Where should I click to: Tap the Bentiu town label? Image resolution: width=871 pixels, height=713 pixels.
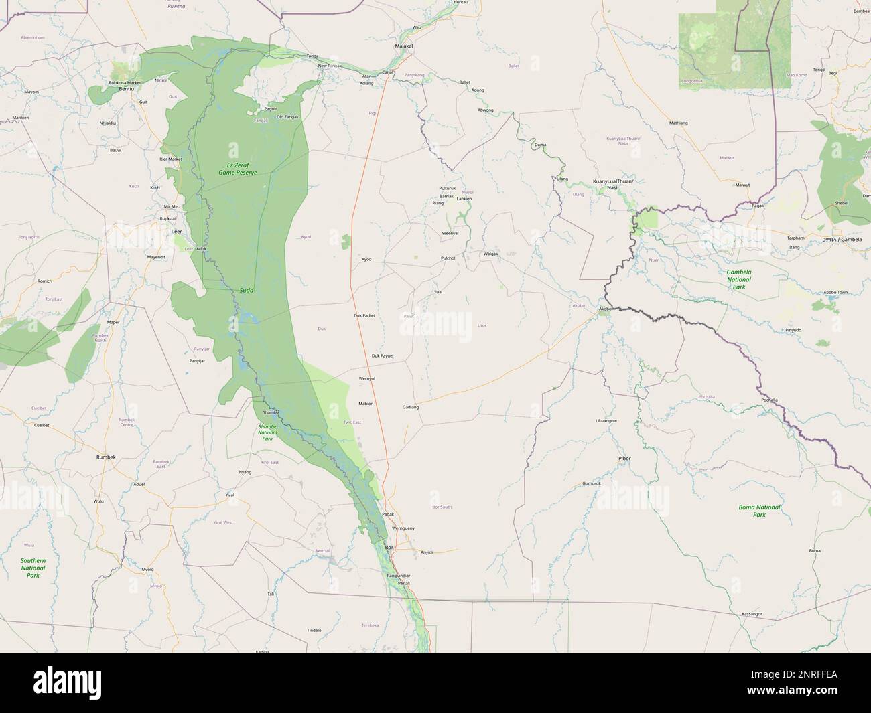(126, 88)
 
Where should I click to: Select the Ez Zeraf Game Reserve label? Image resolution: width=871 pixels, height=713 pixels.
(237, 168)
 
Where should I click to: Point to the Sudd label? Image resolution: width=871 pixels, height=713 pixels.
(247, 291)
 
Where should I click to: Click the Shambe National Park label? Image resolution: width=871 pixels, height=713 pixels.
(267, 432)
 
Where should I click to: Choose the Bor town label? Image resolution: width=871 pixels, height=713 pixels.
(389, 548)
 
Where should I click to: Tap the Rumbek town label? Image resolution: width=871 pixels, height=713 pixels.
(106, 457)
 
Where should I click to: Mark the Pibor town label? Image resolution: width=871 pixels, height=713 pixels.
(624, 458)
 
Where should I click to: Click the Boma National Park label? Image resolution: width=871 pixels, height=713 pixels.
(759, 511)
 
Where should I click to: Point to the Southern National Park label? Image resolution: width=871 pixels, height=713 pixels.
(33, 568)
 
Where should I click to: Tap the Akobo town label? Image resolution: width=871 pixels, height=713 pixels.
(606, 309)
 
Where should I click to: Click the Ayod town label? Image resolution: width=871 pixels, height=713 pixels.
(366, 259)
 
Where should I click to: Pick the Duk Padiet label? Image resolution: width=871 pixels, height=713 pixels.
(364, 315)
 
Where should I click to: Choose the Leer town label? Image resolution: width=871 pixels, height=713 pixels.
(177, 231)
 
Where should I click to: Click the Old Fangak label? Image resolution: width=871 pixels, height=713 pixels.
(287, 117)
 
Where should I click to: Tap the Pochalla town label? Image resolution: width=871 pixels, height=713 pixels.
(769, 400)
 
